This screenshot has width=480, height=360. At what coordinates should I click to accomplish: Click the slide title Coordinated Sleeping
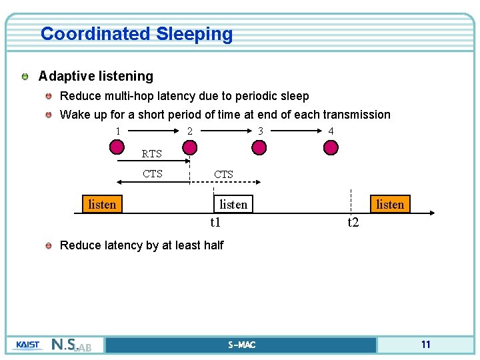137,34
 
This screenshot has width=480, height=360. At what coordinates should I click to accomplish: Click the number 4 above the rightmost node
331,131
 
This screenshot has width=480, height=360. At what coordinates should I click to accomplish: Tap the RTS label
152,154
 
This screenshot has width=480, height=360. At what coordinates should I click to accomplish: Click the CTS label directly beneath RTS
153,174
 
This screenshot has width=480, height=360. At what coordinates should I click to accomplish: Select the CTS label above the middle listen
223,175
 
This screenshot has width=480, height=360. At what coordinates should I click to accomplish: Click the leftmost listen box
102,204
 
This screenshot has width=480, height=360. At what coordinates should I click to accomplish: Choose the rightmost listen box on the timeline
390,204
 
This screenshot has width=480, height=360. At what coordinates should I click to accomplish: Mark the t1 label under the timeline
215,223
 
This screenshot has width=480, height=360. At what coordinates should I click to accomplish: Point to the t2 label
353,223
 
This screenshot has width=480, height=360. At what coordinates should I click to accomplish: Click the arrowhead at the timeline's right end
431,213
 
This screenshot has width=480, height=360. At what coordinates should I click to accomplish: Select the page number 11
425,345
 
